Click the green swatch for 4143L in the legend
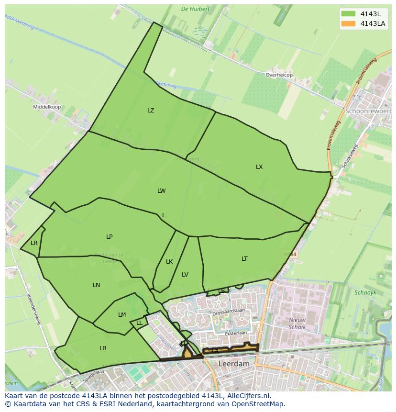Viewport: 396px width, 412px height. click(x=349, y=14)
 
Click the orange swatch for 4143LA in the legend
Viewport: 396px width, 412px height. click(x=349, y=23)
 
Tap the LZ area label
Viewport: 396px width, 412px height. click(x=151, y=111)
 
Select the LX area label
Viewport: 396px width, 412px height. click(x=259, y=167)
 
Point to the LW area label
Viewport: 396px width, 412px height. click(x=162, y=191)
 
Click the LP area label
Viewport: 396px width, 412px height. click(x=110, y=237)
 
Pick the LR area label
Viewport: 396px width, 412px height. click(x=34, y=243)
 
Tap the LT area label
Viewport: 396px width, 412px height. click(x=244, y=259)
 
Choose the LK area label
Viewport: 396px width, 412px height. click(x=169, y=262)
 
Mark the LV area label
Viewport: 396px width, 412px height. click(x=185, y=275)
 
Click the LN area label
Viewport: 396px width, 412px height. click(x=97, y=285)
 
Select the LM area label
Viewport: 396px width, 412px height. click(x=122, y=315)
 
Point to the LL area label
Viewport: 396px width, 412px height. click(x=139, y=323)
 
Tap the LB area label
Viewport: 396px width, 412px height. click(x=103, y=348)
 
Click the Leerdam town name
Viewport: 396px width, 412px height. click(x=234, y=364)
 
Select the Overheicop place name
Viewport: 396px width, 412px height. click(x=279, y=75)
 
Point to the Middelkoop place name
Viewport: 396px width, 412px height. click(x=47, y=107)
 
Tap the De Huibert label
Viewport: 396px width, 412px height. click(x=195, y=9)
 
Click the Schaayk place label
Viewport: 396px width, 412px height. click(x=365, y=292)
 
